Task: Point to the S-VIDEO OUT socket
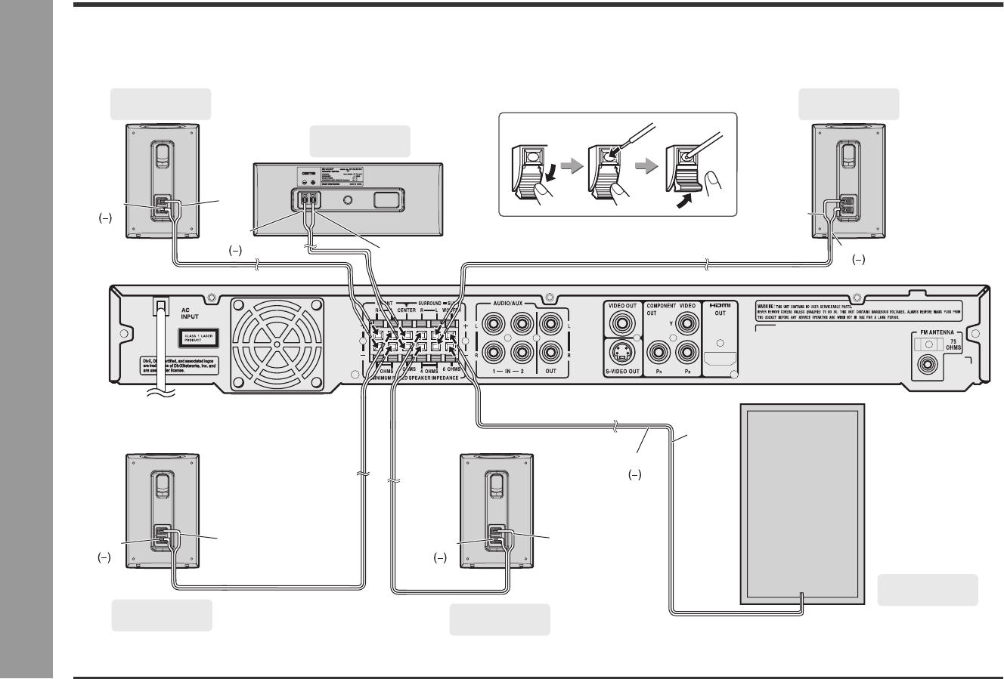point(622,352)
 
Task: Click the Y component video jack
point(687,325)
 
